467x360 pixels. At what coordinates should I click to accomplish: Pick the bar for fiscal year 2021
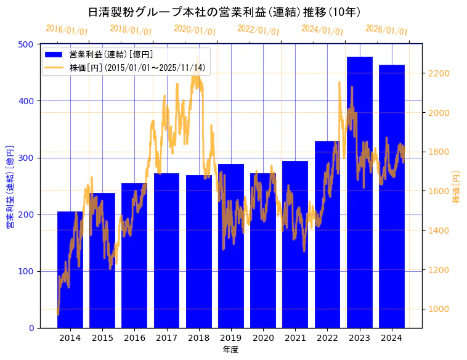point(295,244)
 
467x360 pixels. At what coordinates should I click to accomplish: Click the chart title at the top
point(224,12)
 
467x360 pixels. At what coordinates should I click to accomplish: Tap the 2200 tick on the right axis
point(439,73)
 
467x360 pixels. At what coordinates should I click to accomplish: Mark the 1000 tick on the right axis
point(439,309)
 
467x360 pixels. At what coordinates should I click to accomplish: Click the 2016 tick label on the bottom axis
point(134,338)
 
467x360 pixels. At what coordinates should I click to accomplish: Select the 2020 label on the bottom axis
point(263,338)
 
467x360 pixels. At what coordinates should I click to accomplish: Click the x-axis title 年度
point(230,350)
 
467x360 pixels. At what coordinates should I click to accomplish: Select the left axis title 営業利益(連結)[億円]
point(10,187)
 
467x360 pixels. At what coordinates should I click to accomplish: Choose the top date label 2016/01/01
point(67,30)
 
